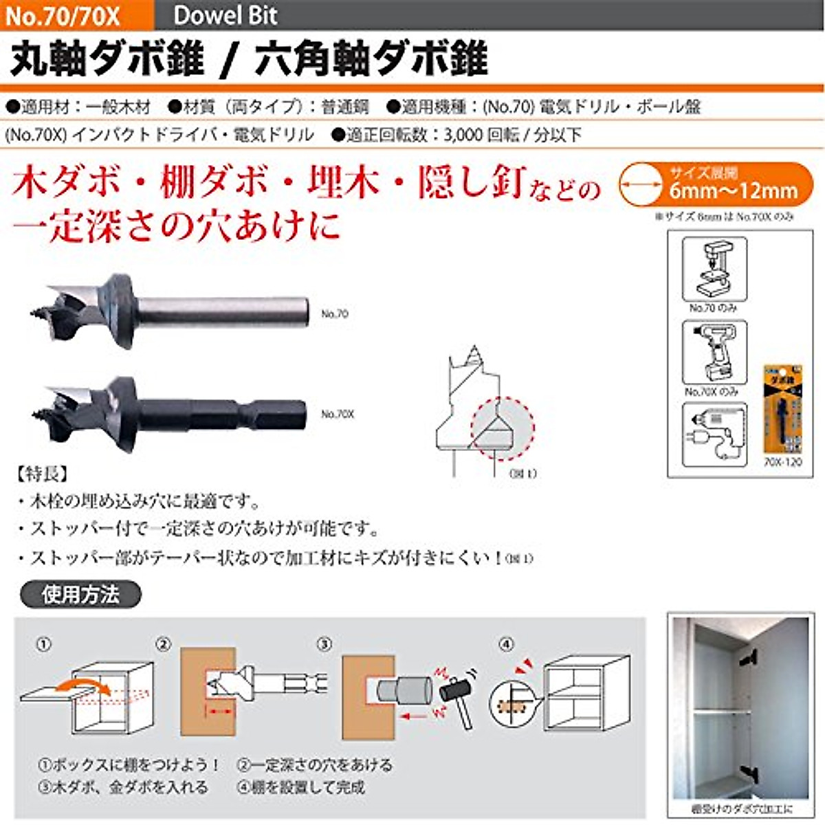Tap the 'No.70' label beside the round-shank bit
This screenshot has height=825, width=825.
(335, 314)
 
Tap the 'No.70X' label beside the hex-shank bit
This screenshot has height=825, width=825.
(338, 415)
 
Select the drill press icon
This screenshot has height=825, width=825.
(714, 269)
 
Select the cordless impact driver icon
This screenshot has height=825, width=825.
(714, 352)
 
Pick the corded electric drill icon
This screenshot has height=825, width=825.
(714, 434)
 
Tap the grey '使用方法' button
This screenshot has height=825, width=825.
(80, 595)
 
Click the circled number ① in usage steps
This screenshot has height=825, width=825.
(43, 645)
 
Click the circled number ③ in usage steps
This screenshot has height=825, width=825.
(324, 645)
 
